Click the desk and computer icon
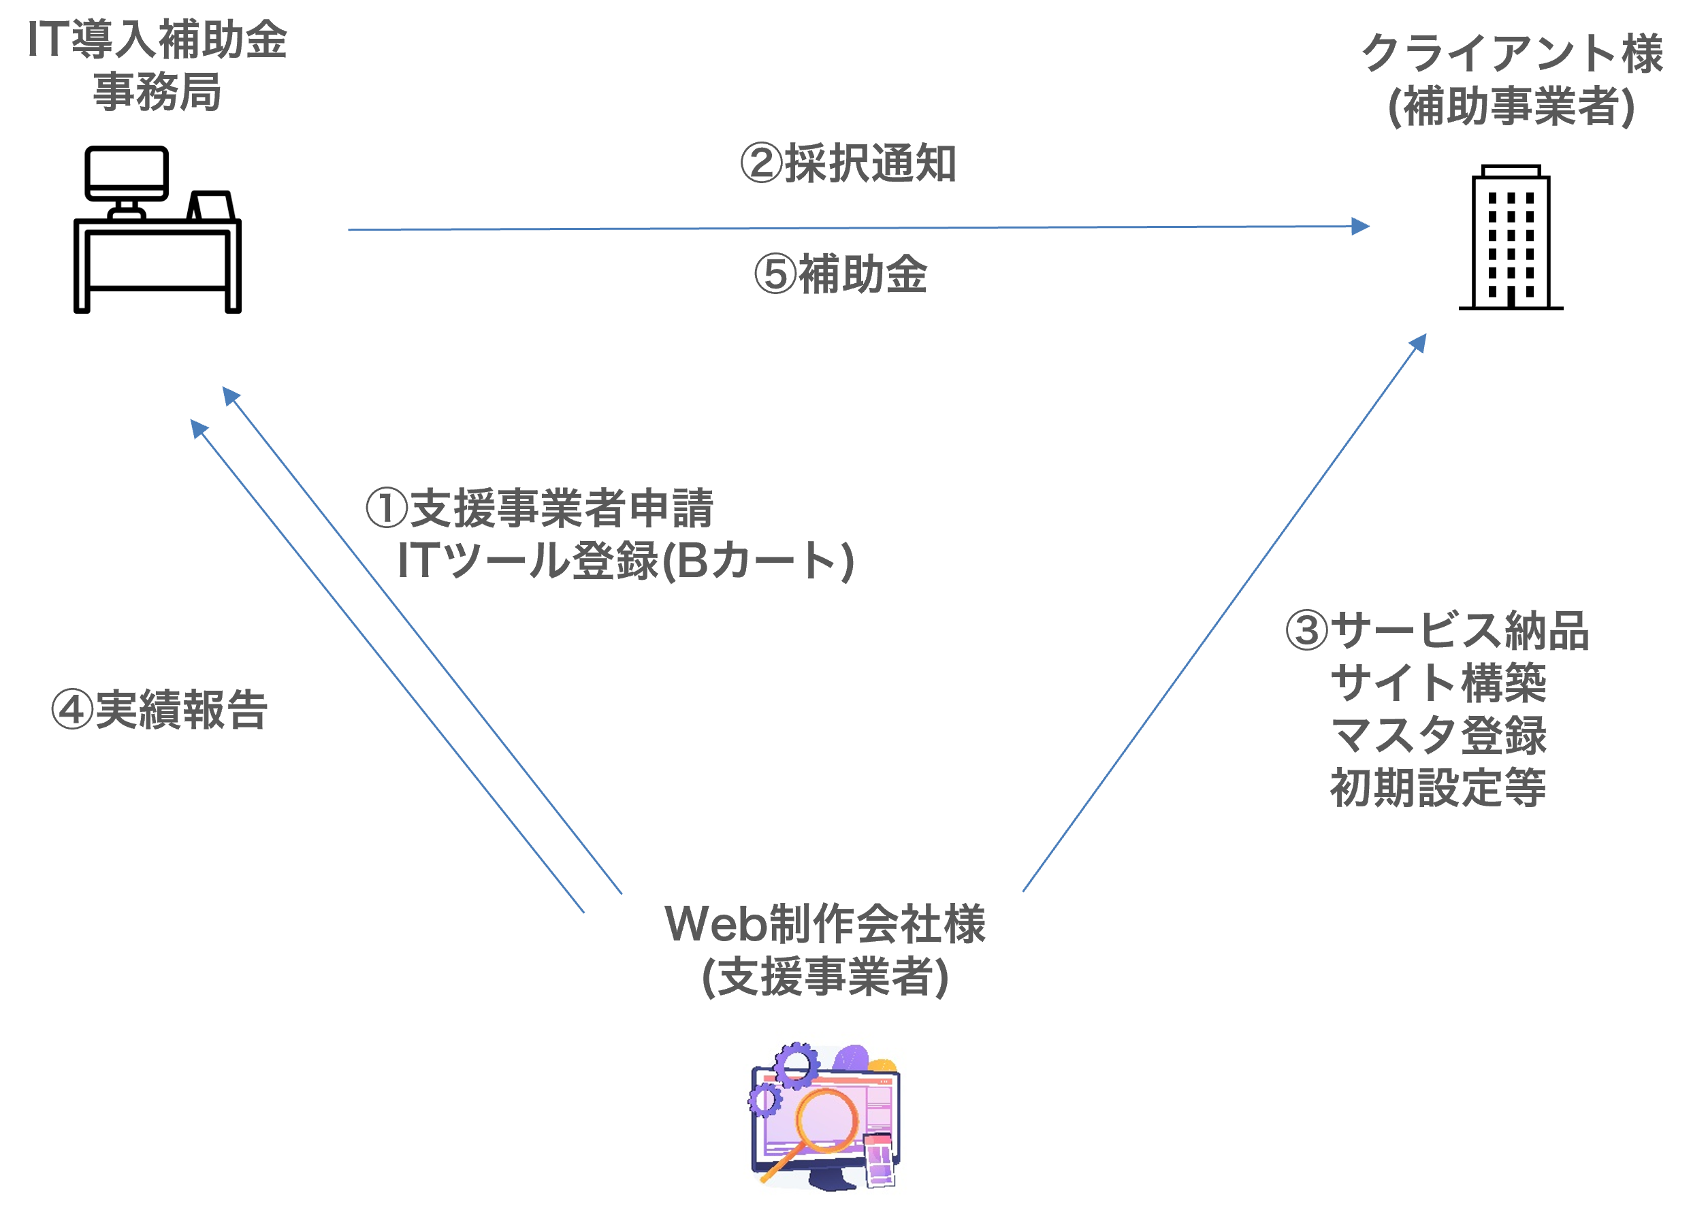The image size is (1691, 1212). [157, 229]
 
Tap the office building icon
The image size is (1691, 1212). [1511, 237]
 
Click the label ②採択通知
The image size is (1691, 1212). [848, 163]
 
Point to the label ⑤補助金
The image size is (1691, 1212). [840, 274]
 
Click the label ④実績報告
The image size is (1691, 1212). [159, 709]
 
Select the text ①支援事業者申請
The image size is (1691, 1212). [539, 508]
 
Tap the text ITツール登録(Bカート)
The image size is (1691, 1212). [626, 561]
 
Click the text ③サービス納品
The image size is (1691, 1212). [1437, 630]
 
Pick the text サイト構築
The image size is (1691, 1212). [1438, 682]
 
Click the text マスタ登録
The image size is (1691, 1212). [1438, 735]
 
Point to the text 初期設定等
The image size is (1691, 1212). [1438, 788]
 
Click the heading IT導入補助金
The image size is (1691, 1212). [157, 39]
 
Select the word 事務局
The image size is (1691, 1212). [157, 92]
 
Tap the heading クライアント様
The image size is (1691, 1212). [1512, 53]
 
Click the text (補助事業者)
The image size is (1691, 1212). [1511, 106]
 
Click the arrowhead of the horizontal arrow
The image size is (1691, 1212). [1361, 226]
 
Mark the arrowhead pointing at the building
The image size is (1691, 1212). [1418, 342]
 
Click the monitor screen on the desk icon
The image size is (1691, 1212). [127, 173]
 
